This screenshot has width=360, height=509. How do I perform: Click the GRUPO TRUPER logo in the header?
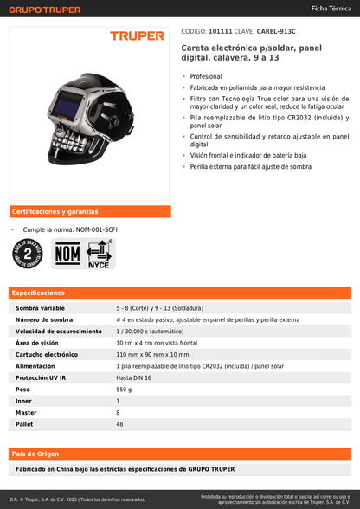[46, 10]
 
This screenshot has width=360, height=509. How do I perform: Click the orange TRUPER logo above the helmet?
[136, 35]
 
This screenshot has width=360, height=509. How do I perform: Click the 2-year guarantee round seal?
[28, 254]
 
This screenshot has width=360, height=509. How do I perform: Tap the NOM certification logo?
[67, 254]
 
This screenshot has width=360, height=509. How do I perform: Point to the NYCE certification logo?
[100, 254]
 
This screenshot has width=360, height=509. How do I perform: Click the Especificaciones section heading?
[38, 293]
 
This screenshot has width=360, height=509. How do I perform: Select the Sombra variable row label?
[41, 308]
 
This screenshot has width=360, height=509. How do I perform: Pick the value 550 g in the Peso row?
[125, 390]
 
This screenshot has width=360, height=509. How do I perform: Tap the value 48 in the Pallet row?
[120, 425]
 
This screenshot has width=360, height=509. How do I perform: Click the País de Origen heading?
[34, 454]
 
